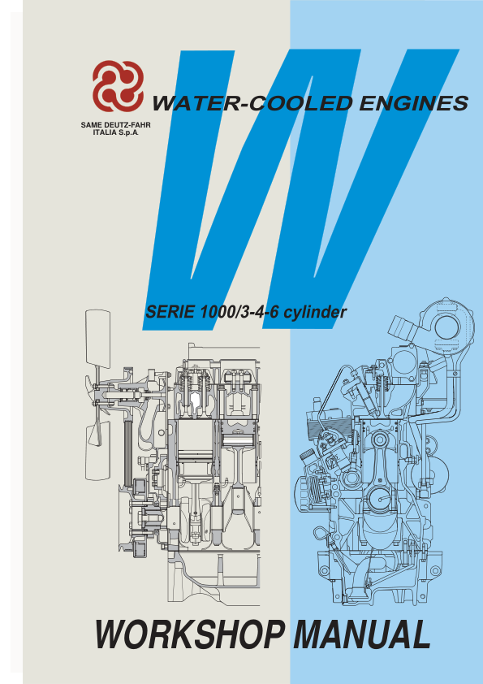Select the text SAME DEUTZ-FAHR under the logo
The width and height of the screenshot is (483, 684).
point(117,124)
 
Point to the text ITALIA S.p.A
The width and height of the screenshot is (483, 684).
point(117,132)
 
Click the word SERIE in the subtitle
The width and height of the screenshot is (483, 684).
point(169,311)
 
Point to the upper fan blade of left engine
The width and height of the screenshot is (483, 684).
point(97,338)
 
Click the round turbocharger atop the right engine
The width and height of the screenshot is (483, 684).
point(446,328)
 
